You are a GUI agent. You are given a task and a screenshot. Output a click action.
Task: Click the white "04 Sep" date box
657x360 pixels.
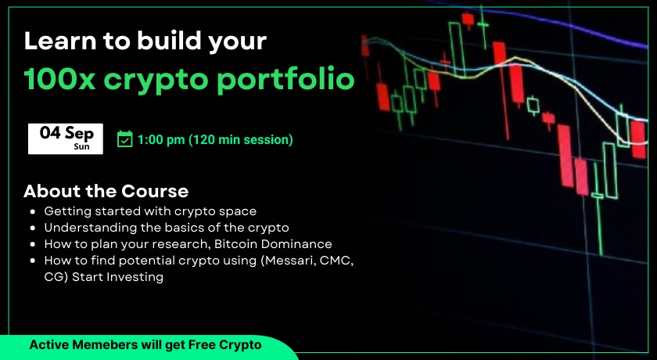pyautogui.click(x=66, y=139)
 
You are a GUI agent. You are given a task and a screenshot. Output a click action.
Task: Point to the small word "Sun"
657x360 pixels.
pyautogui.click(x=81, y=146)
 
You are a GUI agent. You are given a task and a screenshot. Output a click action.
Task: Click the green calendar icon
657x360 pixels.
pyautogui.click(x=125, y=139)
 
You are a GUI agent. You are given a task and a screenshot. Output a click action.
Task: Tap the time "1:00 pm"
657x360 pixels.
pyautogui.click(x=161, y=140)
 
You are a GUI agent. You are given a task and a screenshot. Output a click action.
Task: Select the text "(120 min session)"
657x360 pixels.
pyautogui.click(x=241, y=140)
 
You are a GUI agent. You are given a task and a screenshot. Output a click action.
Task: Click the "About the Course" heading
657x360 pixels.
pyautogui.click(x=106, y=191)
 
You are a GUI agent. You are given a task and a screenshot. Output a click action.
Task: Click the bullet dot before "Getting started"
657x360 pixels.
pyautogui.click(x=33, y=212)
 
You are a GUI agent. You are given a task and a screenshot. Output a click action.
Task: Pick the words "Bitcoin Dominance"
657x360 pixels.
pyautogui.click(x=273, y=244)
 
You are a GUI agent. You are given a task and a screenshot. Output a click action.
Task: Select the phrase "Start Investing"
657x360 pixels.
pyautogui.click(x=118, y=277)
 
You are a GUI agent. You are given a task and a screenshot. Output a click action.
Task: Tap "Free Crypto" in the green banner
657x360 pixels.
pyautogui.click(x=225, y=345)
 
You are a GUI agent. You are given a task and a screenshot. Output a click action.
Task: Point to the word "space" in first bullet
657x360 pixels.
pyautogui.click(x=238, y=212)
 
